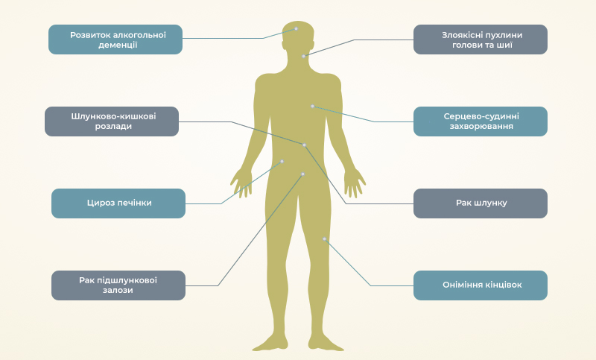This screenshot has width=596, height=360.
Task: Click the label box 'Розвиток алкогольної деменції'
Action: pos(115,40)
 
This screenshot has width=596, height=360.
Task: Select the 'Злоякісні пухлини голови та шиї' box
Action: pos(481,40)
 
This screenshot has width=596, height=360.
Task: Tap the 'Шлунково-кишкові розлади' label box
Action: pos(112,121)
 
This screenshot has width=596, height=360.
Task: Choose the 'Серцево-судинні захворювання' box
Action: pos(481,121)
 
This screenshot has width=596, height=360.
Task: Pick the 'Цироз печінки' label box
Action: pos(118,203)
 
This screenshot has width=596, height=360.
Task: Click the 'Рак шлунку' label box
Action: pos(481,203)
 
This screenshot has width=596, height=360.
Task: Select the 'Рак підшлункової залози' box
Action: pos(118,285)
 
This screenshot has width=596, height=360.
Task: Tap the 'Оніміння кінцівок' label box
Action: pos(481,285)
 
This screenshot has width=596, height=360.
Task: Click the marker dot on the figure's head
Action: pos(296,28)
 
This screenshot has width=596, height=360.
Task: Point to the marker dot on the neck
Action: pos(303,56)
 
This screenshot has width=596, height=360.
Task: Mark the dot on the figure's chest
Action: pos(312,106)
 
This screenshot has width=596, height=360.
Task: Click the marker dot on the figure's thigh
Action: pos(324,239)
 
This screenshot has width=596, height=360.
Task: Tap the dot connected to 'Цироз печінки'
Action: pos(282,161)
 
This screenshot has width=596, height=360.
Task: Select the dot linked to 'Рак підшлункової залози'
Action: pos(302,174)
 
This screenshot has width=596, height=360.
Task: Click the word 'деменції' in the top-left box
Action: pos(115,45)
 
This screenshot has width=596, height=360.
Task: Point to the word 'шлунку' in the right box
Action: pos(492,203)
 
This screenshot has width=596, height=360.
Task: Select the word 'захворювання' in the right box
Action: pos(481,127)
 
